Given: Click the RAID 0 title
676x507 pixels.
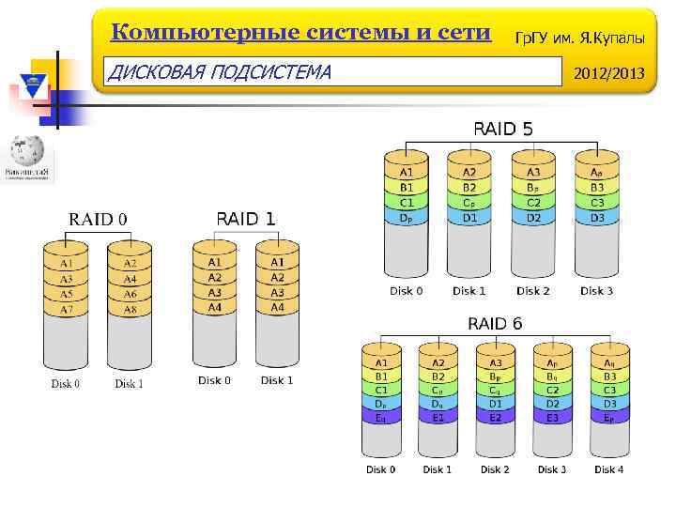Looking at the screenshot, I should (x=98, y=220).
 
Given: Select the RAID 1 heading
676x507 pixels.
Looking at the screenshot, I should (x=246, y=219).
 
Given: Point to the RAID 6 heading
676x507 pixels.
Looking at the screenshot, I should (x=495, y=324).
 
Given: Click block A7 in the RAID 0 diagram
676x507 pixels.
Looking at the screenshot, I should (x=66, y=309).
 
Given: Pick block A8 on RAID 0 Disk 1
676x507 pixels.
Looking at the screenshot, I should (x=130, y=309).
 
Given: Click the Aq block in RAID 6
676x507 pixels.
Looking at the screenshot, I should (x=609, y=363).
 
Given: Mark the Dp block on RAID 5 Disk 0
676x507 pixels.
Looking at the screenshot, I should (x=406, y=218).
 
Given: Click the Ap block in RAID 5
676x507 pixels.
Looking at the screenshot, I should (x=597, y=173).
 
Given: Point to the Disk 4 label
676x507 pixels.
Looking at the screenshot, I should (x=608, y=469).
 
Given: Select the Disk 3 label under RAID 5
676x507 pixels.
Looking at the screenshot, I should (x=597, y=291).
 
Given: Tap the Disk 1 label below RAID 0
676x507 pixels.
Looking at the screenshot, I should (x=129, y=383).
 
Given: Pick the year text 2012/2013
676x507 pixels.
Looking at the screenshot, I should (x=609, y=71).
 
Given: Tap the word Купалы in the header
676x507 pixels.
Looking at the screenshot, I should (x=618, y=37).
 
